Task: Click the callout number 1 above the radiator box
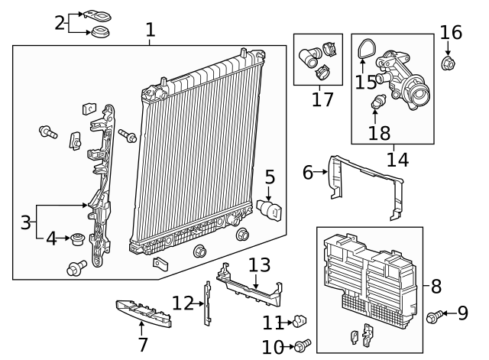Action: (151, 30)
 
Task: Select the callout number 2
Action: (60, 22)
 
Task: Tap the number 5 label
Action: (270, 177)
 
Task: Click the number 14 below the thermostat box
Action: (398, 161)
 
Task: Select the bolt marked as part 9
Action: (434, 314)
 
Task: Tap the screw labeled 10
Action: (304, 345)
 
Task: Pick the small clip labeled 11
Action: (300, 319)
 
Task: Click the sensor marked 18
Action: (377, 102)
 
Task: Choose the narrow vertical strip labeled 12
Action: (206, 303)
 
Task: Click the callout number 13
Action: (260, 265)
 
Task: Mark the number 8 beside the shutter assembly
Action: (436, 287)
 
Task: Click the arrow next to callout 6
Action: (322, 173)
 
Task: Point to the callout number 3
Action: (26, 223)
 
